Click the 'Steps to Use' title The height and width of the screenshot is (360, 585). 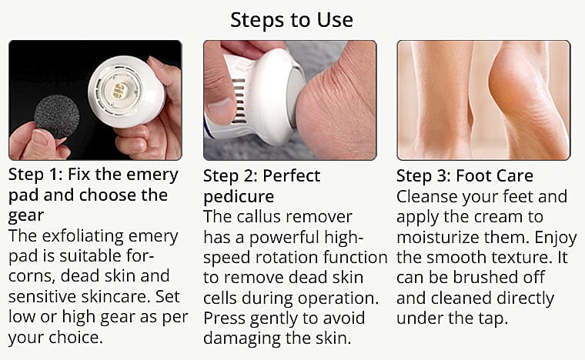tap(292, 18)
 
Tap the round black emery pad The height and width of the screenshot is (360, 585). tap(56, 116)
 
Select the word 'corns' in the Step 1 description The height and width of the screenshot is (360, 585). tap(33, 275)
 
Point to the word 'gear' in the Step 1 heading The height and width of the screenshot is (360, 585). tap(27, 215)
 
